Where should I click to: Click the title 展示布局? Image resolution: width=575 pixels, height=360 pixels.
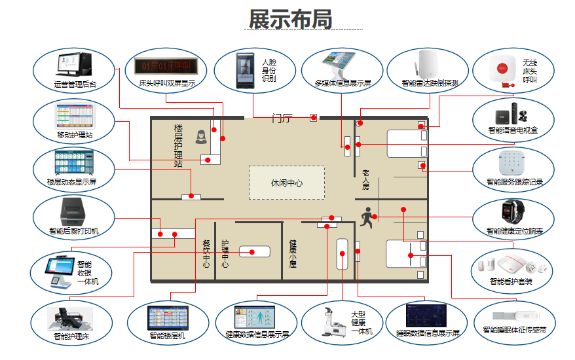(x=290, y=19)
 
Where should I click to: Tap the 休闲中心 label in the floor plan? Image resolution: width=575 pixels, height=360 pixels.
(x=287, y=183)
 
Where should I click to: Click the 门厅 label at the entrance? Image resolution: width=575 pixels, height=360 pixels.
(x=282, y=118)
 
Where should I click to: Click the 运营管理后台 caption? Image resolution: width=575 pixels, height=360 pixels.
(x=75, y=84)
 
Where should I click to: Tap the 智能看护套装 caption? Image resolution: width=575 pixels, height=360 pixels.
(x=511, y=281)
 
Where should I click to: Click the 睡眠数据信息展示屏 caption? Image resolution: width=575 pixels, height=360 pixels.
(x=428, y=333)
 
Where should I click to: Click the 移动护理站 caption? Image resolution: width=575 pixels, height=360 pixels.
(x=75, y=135)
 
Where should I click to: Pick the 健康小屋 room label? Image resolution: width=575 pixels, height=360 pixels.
(x=293, y=253)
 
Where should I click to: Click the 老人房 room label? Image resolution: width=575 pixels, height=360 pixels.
(x=366, y=180)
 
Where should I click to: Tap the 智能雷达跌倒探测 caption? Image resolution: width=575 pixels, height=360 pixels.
(x=430, y=83)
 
